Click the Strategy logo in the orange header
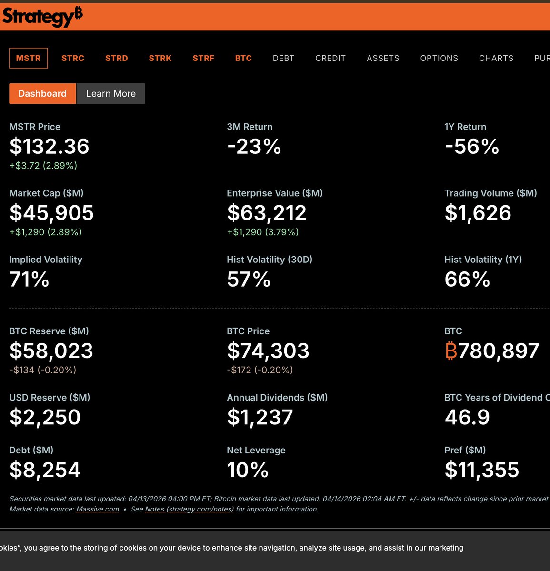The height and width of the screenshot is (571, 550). tap(42, 17)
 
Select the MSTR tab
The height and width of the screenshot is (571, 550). tap(29, 58)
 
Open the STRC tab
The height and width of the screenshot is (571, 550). tap(73, 58)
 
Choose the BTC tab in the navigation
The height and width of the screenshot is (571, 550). tap(243, 58)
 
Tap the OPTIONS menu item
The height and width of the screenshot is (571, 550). tap(439, 58)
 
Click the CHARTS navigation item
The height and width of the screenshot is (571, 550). tap(496, 58)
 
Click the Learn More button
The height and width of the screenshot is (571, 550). tap(110, 94)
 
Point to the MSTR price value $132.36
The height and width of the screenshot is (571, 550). tap(50, 147)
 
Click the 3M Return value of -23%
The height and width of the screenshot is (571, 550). tap(254, 147)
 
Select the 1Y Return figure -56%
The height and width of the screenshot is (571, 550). tap(471, 147)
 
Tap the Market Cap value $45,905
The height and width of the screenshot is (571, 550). tap(51, 213)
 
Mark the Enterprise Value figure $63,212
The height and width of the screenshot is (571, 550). tap(267, 213)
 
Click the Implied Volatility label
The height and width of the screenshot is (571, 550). tap(46, 260)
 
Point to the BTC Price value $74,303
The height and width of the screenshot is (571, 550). tap(268, 351)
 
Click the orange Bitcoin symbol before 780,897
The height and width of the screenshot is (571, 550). tap(450, 351)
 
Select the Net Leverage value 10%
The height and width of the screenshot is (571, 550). tap(248, 470)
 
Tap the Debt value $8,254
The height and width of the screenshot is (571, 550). tap(45, 470)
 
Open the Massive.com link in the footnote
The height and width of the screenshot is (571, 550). tap(98, 509)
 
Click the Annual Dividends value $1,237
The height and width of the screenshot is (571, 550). tap(260, 418)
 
